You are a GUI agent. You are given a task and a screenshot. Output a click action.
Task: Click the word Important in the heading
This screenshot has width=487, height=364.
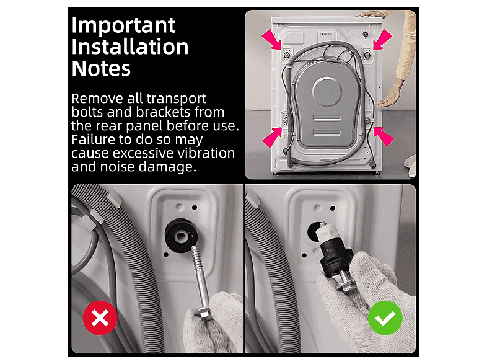click(123, 25)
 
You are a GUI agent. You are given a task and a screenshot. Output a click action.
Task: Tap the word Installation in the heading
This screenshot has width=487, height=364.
click(130, 47)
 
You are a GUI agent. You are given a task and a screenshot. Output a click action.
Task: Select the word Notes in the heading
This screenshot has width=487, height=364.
click(101, 68)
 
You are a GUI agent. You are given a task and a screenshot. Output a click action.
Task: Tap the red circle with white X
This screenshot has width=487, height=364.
click(100, 317)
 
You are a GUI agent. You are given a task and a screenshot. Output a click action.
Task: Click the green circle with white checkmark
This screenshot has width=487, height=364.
click(385, 317)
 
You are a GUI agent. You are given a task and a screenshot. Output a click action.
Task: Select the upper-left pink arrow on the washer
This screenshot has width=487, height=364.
click(271, 39)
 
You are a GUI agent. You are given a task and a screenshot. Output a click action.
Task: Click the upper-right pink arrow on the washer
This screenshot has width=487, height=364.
click(382, 40)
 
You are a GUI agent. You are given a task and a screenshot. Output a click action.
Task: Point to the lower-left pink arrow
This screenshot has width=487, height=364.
click(272, 138)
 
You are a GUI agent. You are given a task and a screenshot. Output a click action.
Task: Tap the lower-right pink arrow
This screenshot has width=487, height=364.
click(384, 137)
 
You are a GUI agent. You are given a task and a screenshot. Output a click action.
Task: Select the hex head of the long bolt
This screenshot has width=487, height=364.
click(203, 312)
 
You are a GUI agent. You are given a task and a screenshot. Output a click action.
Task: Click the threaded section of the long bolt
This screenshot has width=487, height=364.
click(197, 259)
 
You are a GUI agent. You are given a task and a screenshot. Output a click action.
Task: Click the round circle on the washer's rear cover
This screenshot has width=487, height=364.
click(327, 92)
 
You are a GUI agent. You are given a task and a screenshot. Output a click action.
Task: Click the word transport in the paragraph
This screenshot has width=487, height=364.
click(176, 99)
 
